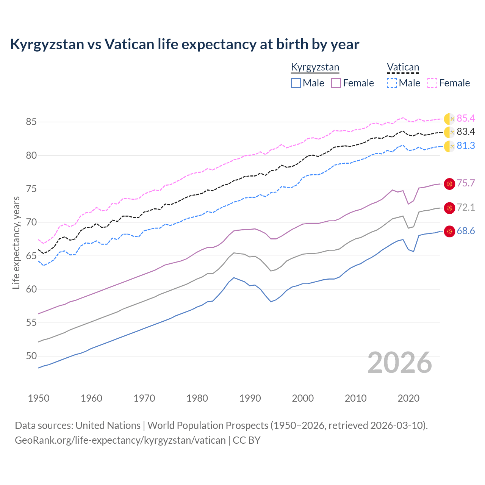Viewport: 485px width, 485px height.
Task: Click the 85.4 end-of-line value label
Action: pyautogui.click(x=466, y=119)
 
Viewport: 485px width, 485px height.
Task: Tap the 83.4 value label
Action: pyautogui.click(x=466, y=132)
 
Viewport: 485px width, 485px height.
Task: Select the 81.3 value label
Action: pyautogui.click(x=466, y=146)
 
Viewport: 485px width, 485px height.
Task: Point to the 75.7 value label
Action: pyautogui.click(x=466, y=183)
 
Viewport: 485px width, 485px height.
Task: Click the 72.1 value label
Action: pyautogui.click(x=466, y=208)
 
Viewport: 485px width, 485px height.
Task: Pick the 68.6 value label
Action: pyautogui.click(x=466, y=231)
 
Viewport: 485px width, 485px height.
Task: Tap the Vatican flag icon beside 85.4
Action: pyautogui.click(x=449, y=119)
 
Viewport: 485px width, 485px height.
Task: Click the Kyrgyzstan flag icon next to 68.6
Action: pyautogui.click(x=449, y=232)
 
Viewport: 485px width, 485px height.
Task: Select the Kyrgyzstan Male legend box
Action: pyautogui.click(x=296, y=83)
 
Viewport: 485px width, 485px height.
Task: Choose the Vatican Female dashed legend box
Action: pyautogui.click(x=432, y=83)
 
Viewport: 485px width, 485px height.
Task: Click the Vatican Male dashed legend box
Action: pyautogui.click(x=392, y=83)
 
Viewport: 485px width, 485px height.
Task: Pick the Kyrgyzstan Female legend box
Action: pyautogui.click(x=336, y=83)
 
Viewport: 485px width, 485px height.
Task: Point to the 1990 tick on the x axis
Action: pyautogui.click(x=250, y=398)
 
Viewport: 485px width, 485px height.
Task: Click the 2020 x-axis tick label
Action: pyautogui.click(x=408, y=398)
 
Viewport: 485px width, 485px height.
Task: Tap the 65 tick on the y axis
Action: pyautogui.click(x=31, y=256)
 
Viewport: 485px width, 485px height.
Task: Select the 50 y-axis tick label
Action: pyautogui.click(x=31, y=356)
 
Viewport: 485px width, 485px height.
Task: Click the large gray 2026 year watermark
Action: pyautogui.click(x=399, y=363)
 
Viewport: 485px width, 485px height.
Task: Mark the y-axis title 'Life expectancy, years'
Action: pyautogui.click(x=16, y=242)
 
